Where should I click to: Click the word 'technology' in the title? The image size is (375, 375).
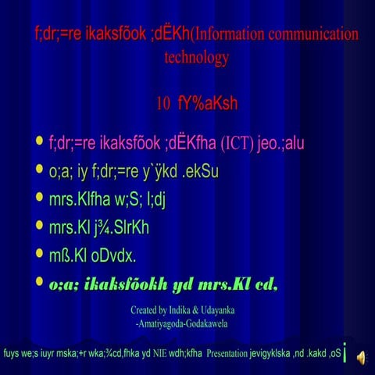(197, 58)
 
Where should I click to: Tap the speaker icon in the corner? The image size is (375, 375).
(361, 356)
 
